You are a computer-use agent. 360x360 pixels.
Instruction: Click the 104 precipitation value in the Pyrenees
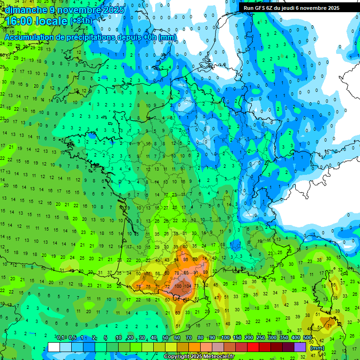(188, 286)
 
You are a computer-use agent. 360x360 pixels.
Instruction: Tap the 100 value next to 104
(179, 286)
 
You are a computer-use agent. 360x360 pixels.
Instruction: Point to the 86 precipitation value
(186, 259)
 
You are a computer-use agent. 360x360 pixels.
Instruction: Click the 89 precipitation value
(205, 272)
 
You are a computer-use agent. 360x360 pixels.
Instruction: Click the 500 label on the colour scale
(307, 337)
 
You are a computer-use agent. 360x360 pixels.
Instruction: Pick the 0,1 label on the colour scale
(60, 337)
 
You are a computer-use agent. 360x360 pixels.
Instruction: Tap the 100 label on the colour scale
(225, 337)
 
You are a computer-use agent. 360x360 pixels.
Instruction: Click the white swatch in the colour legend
(54, 347)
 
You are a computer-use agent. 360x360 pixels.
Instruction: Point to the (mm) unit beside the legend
(317, 348)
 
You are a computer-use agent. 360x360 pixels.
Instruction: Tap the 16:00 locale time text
(37, 21)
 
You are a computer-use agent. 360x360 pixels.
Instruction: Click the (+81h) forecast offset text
(81, 21)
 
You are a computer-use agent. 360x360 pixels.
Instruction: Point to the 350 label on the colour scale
(284, 337)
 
